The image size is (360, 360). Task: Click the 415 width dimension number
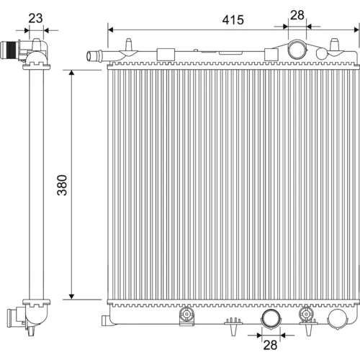pyautogui.click(x=233, y=20)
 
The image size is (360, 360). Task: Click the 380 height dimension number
pyautogui.click(x=62, y=185)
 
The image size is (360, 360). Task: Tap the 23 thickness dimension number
pyautogui.click(x=35, y=18)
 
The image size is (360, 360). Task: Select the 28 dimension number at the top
pyautogui.click(x=297, y=15)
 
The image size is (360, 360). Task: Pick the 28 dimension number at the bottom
pyautogui.click(x=270, y=345)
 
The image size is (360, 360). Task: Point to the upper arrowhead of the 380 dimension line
pyautogui.click(x=71, y=73)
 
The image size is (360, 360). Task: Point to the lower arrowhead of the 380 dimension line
pyautogui.click(x=71, y=297)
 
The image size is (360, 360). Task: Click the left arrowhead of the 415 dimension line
pyautogui.click(x=111, y=30)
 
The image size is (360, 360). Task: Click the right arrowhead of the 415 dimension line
pyautogui.click(x=356, y=30)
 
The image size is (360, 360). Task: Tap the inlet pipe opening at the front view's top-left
pyautogui.click(x=90, y=56)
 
